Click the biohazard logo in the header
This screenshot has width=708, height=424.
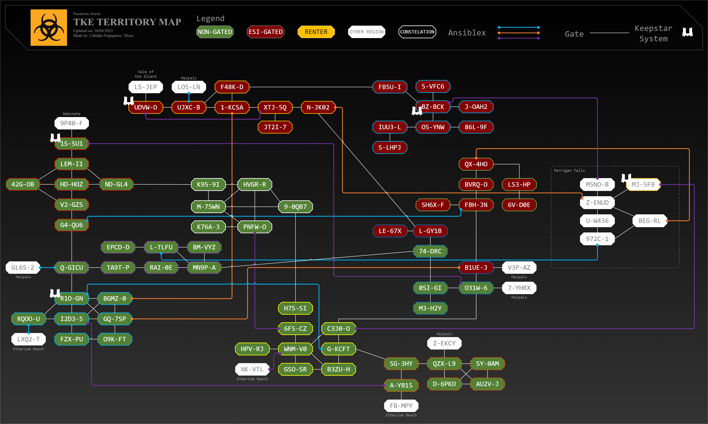49,27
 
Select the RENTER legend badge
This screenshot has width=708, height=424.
316,32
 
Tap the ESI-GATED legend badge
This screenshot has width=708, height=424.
265,32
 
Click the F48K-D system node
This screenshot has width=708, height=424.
232,87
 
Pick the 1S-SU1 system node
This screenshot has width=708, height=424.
72,144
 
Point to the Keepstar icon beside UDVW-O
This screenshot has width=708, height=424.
128,101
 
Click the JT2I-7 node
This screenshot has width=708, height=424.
275,127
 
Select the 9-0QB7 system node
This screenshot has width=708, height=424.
295,207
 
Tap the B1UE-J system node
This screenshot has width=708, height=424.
476,267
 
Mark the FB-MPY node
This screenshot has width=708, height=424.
401,406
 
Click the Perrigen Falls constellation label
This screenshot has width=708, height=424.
569,171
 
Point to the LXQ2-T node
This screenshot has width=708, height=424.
28,339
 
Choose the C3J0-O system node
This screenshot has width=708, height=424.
338,329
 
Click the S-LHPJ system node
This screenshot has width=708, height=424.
390,147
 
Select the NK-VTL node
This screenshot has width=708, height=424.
252,369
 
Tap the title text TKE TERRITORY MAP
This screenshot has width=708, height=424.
127,22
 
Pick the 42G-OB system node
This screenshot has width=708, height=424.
23,184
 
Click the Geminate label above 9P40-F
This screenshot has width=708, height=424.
71,114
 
